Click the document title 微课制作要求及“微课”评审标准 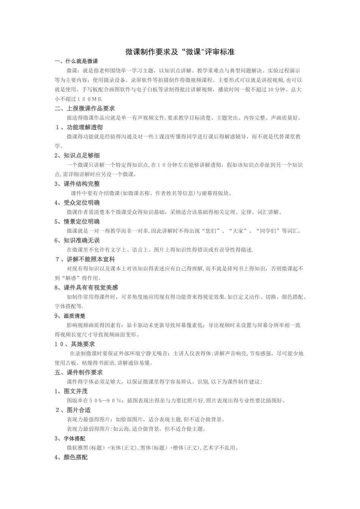pyautogui.click(x=180, y=52)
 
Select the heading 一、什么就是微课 pyautogui.click(x=77, y=61)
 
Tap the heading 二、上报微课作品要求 pyautogui.click(x=85, y=108)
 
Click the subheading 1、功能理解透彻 pyautogui.click(x=79, y=127)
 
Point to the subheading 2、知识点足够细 pyautogui.click(x=77, y=156)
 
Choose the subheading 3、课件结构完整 pyautogui.click(x=77, y=184)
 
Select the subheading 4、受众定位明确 pyautogui.click(x=77, y=203)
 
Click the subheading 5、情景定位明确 pyautogui.click(x=77, y=222)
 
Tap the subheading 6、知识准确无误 pyautogui.click(x=77, y=240)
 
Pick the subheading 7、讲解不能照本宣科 pyautogui.click(x=85, y=259)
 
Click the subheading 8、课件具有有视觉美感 pyautogui.click(x=86, y=288)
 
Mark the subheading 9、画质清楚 pyautogui.click(x=70, y=316)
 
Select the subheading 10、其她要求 pyautogui.click(x=75, y=344)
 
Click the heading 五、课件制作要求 pyautogui.click(x=79, y=372)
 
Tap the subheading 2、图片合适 pyautogui.click(x=73, y=410)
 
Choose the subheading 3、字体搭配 pyautogui.click(x=70, y=439)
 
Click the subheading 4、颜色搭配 pyautogui.click(x=71, y=457)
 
